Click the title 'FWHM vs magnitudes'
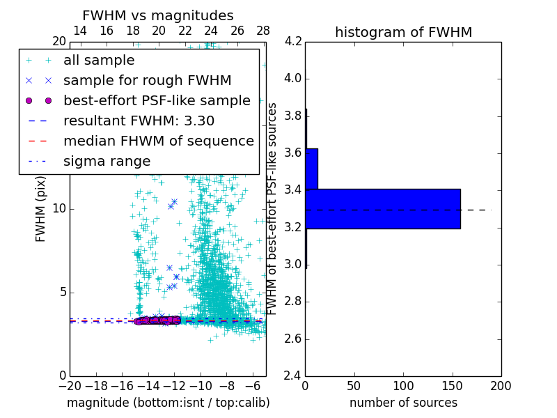158,16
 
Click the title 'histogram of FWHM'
403,32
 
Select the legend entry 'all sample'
99,61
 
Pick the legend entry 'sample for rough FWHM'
148,80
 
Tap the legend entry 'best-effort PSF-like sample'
157,100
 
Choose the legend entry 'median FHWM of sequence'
159,141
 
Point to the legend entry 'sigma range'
107,161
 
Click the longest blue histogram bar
383,208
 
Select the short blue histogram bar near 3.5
311,169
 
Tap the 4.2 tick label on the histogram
292,41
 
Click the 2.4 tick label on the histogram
292,376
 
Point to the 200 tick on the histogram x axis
501,385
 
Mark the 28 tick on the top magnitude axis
263,31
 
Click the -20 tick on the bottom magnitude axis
70,385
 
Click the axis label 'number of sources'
403,403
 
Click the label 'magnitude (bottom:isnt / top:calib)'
168,403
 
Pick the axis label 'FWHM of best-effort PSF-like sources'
273,208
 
